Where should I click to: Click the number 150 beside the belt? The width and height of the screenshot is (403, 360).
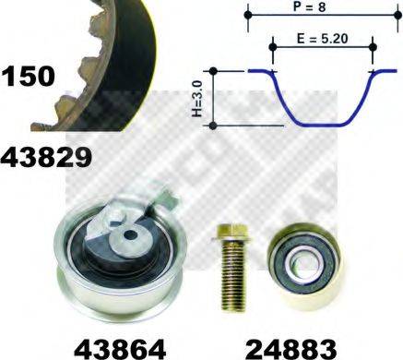click(x=29, y=76)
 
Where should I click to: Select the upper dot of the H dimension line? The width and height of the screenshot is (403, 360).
click(x=214, y=69)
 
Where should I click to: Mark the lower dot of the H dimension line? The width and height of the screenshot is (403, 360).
click(x=214, y=125)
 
